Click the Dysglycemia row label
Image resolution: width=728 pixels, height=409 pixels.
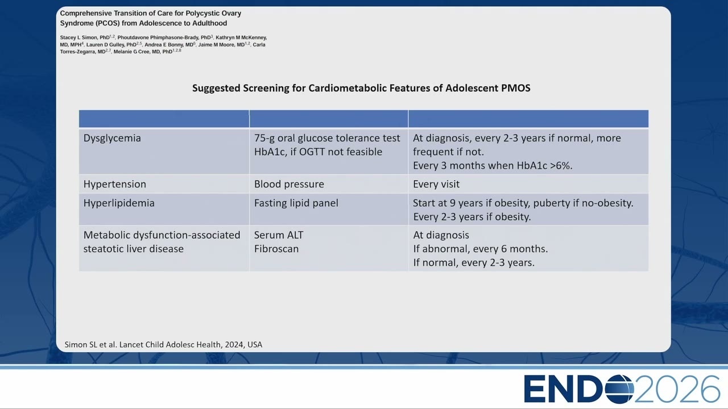(x=112, y=138)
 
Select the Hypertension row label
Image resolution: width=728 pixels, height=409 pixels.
(x=115, y=184)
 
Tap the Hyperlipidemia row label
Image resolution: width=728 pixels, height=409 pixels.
(x=119, y=203)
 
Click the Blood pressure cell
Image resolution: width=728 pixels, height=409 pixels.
(x=289, y=184)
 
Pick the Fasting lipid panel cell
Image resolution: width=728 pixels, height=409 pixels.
(x=296, y=203)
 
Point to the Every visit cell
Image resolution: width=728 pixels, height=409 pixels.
(x=436, y=184)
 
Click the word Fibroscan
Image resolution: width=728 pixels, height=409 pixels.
(x=276, y=249)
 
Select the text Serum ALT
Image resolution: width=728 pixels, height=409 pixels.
(x=279, y=235)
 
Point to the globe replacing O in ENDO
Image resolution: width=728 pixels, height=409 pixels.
(x=619, y=389)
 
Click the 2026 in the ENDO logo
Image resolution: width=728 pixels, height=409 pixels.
(x=677, y=389)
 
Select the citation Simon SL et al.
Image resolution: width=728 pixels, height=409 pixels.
(x=90, y=344)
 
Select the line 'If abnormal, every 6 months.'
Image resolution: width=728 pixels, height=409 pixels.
(x=481, y=249)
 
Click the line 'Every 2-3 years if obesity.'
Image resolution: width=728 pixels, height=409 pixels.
(x=472, y=217)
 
